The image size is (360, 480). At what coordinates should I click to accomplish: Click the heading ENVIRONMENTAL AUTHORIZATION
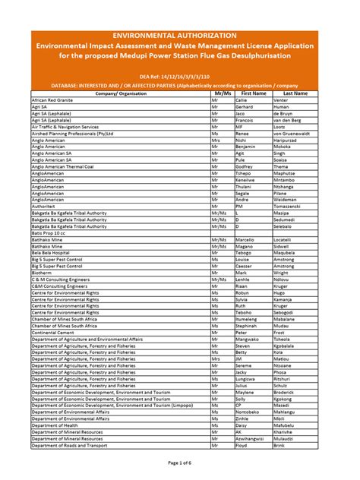click(179, 35)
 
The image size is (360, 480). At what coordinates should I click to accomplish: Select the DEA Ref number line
click(179, 77)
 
